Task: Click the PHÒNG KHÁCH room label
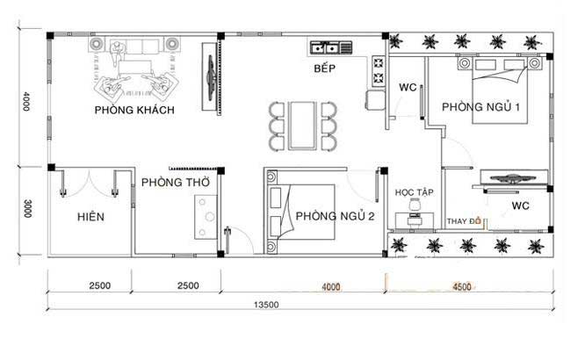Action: (134, 110)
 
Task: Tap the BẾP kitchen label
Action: (324, 68)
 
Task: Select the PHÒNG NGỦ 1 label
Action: (480, 107)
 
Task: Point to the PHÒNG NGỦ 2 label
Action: (335, 216)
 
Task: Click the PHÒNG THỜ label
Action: (176, 183)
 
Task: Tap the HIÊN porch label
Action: (90, 217)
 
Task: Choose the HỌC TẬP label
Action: (414, 192)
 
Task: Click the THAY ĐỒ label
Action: (464, 221)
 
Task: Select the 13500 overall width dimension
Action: (266, 305)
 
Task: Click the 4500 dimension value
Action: (462, 286)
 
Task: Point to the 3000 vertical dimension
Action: (28, 209)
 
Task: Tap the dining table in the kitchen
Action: (302, 126)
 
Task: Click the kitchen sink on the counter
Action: (325, 47)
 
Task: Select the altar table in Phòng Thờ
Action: (206, 217)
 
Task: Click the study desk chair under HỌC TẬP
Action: (414, 205)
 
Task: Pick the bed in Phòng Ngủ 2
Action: (301, 212)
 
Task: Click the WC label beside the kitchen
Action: (408, 87)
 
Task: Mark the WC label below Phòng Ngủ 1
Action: (521, 205)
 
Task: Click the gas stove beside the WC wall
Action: (379, 71)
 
